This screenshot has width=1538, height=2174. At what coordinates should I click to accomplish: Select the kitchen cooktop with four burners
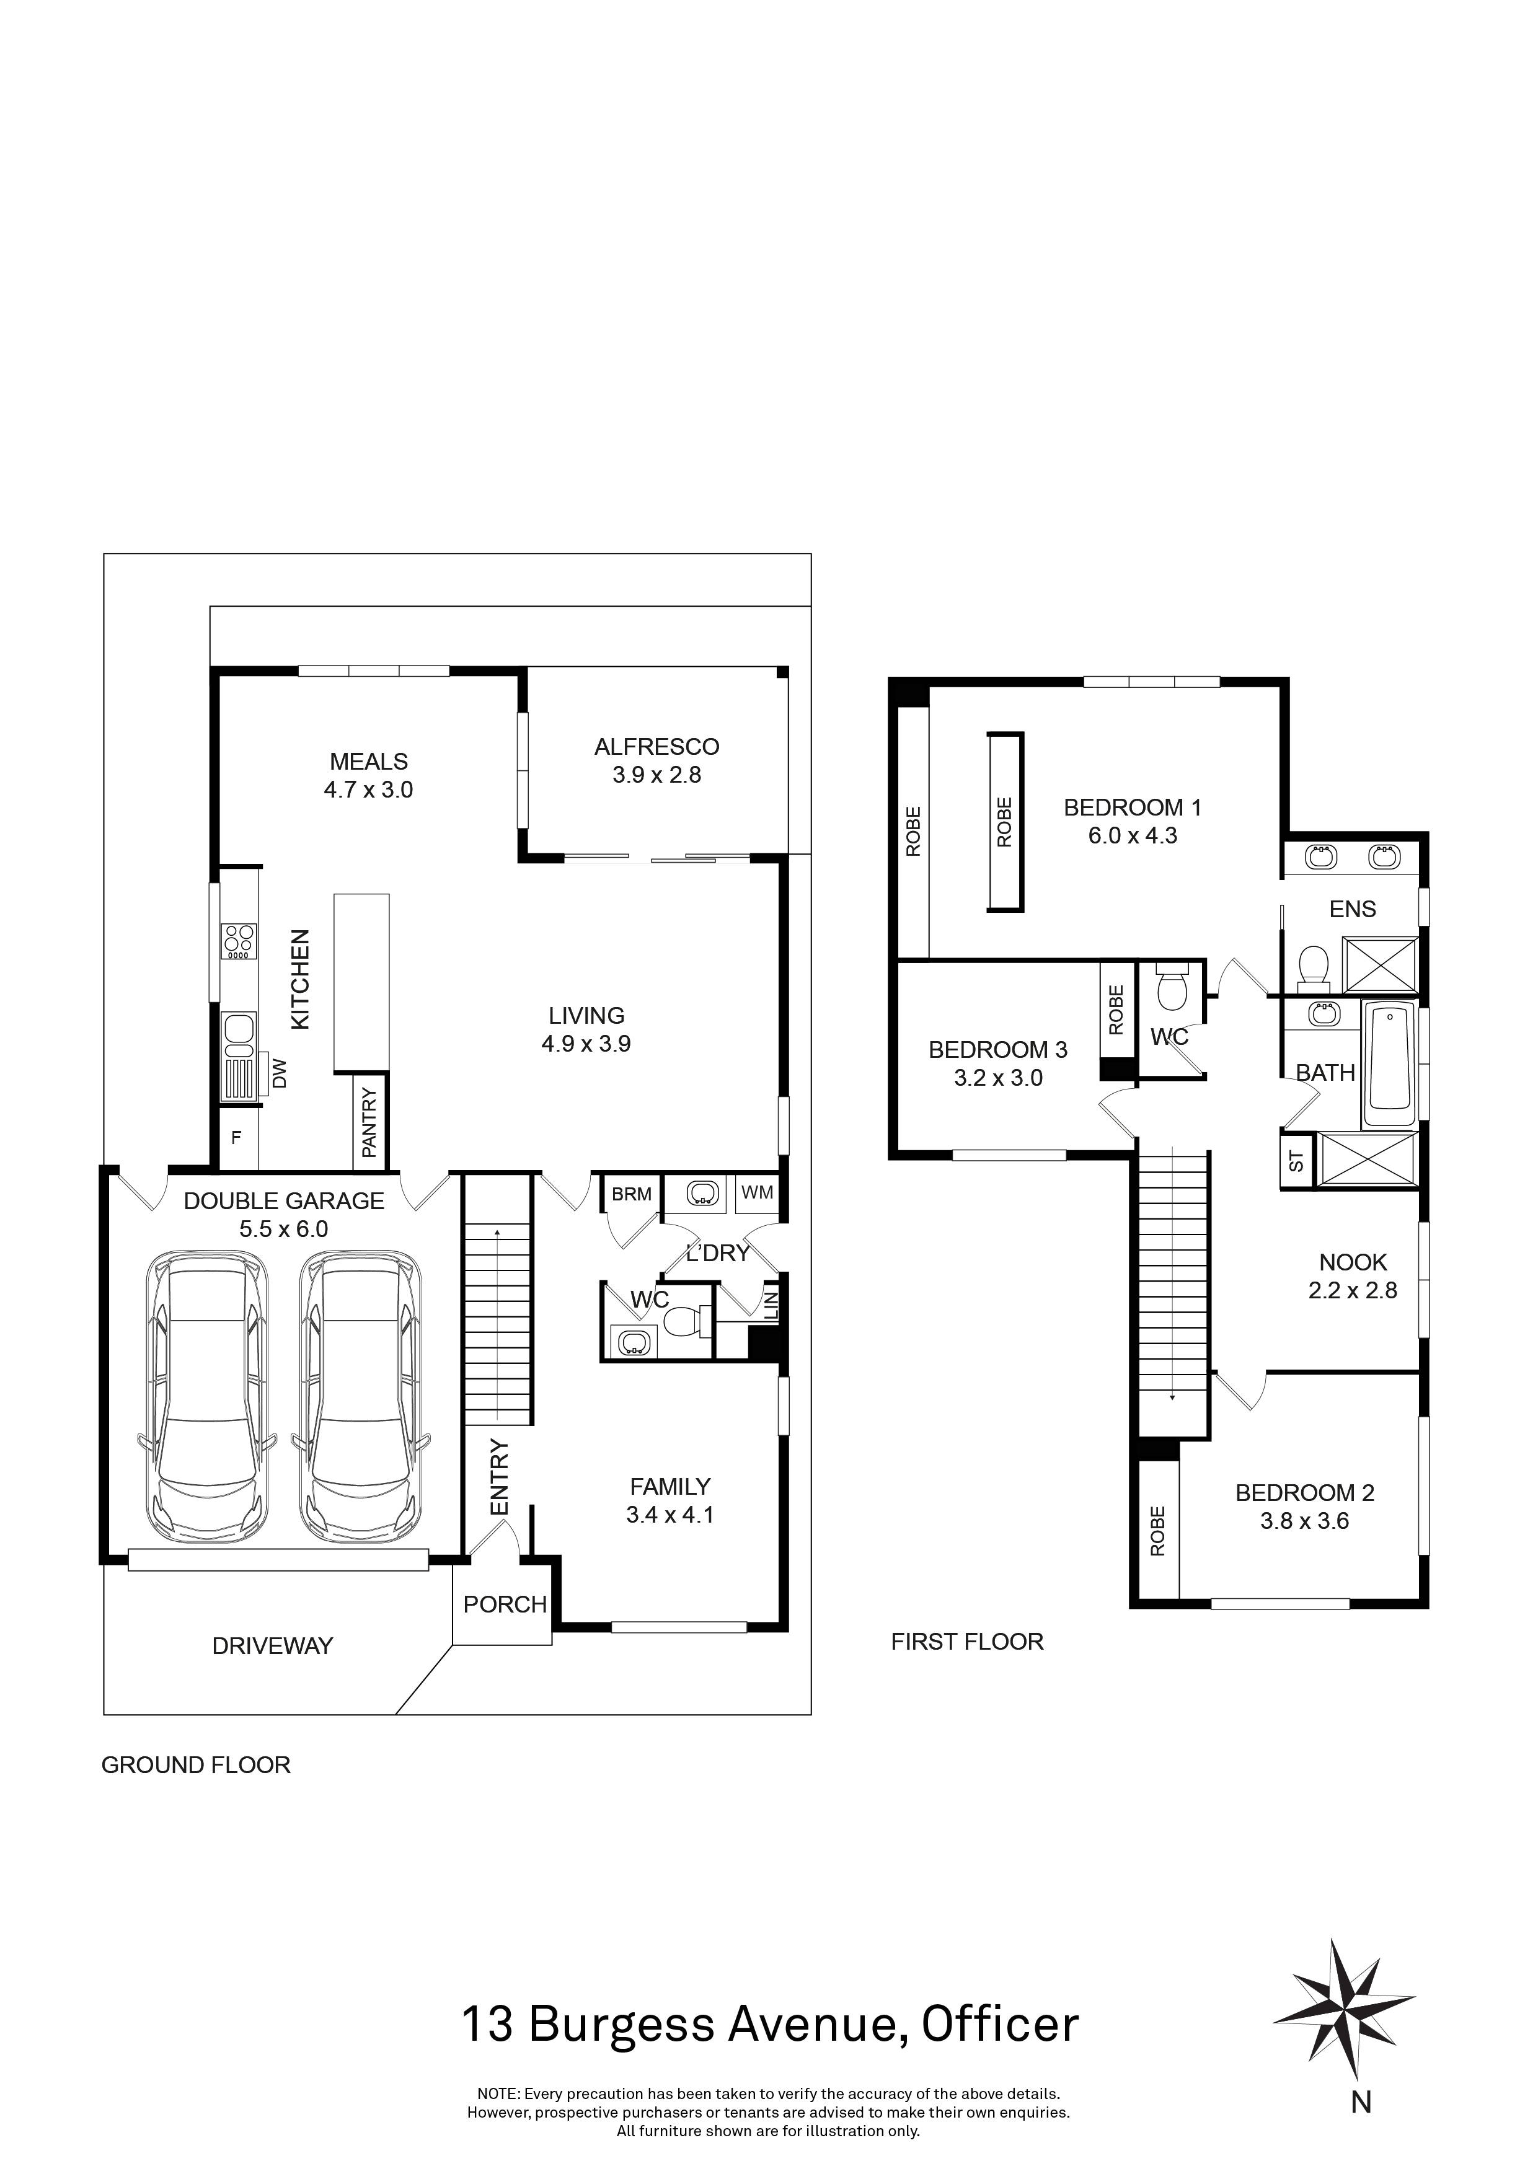[x=237, y=941]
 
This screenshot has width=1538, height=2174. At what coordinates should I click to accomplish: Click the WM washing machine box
[x=757, y=1193]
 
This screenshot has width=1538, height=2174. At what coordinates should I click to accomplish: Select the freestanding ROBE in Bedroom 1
[x=1005, y=821]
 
